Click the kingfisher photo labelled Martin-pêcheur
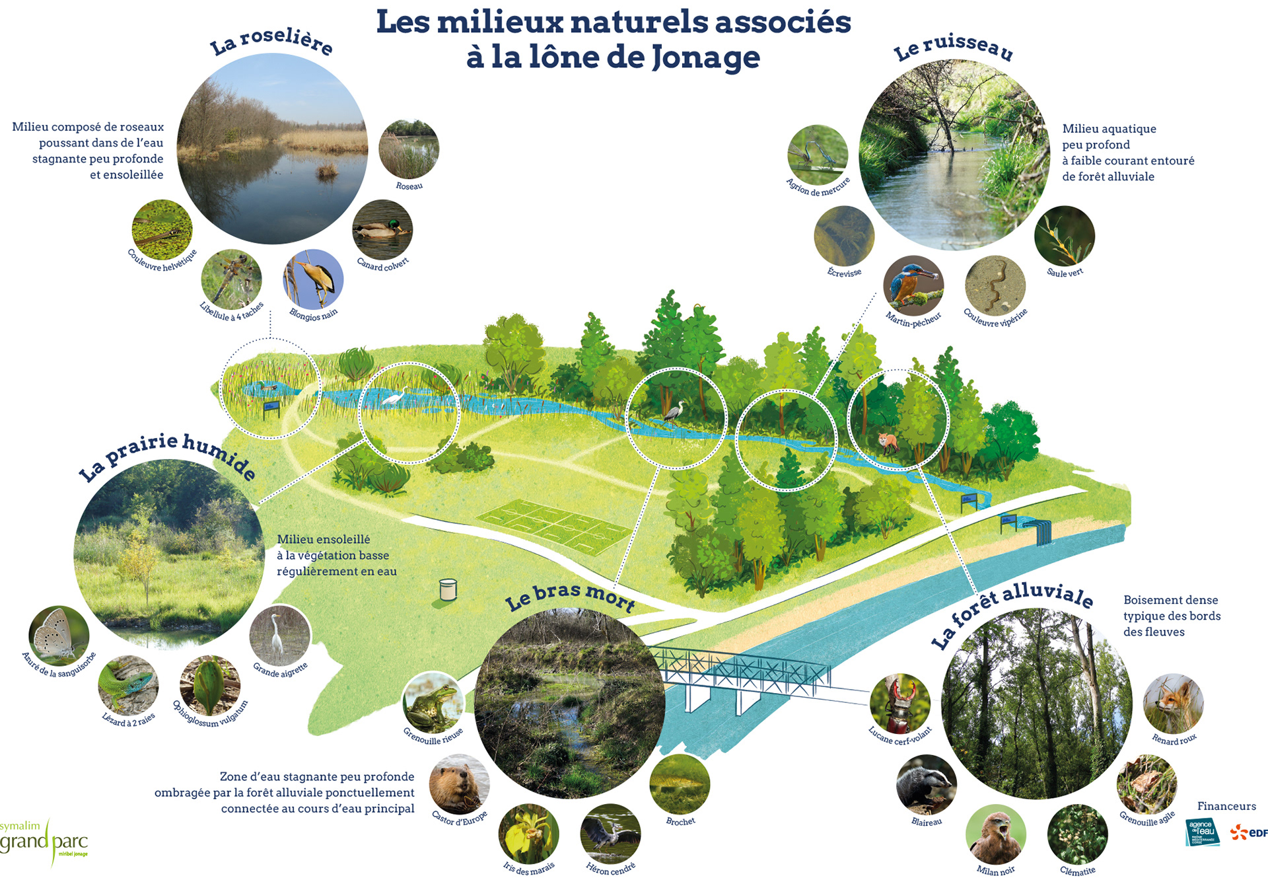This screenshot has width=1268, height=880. [913, 285]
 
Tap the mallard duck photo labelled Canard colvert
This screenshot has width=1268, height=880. [382, 230]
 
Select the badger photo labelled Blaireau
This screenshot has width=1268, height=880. [926, 785]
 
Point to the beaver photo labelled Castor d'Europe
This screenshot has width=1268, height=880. [459, 784]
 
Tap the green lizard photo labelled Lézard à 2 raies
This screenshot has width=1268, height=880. [128, 685]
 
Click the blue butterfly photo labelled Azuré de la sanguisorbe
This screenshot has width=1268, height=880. [58, 636]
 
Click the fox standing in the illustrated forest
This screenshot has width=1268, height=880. [888, 441]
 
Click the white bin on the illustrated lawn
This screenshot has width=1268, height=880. [448, 589]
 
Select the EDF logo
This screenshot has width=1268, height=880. [1249, 832]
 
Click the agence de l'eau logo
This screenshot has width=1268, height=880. [1202, 832]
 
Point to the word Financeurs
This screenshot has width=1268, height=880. [1226, 806]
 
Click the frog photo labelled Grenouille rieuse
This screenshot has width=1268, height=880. [432, 702]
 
